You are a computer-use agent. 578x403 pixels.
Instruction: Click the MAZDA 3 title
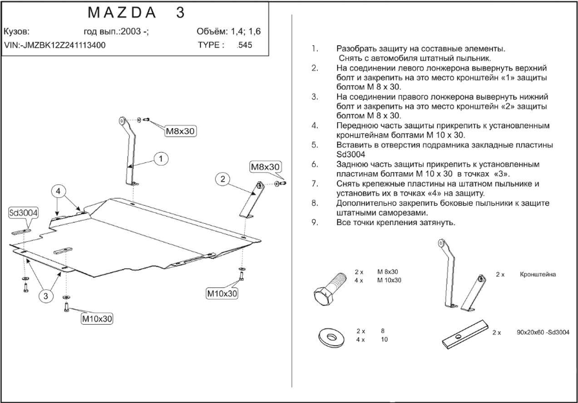(x=136, y=13)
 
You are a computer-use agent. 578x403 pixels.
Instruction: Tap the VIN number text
(x=54, y=45)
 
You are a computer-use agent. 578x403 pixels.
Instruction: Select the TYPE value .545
(x=245, y=45)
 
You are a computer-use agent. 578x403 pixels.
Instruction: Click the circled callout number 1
(x=161, y=159)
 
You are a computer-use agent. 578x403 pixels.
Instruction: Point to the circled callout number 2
(x=223, y=180)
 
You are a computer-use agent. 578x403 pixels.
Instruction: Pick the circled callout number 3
(x=46, y=296)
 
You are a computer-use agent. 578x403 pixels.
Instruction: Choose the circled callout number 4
(x=58, y=191)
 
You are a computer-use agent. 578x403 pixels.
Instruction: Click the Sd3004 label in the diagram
(x=24, y=213)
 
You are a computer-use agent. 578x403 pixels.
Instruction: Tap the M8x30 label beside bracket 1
(x=180, y=131)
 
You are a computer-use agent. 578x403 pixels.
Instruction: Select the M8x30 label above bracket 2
(x=265, y=167)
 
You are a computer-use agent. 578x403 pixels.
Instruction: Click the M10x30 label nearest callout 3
(x=97, y=318)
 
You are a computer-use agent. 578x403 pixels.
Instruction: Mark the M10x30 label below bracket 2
(x=222, y=293)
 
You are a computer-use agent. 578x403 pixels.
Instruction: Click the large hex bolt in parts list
(x=329, y=289)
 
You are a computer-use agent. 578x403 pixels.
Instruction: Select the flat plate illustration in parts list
(x=465, y=334)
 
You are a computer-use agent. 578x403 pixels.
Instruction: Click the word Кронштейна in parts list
(x=537, y=274)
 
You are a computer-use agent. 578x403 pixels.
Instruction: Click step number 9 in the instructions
(x=315, y=223)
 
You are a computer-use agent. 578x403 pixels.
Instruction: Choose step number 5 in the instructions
(x=315, y=145)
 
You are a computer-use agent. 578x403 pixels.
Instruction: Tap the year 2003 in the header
(x=130, y=32)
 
